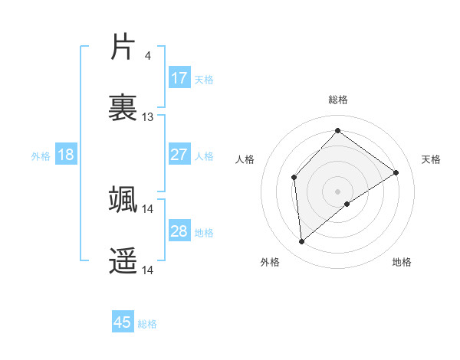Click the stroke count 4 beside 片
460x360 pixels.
(147, 55)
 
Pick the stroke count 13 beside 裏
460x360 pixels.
(148, 117)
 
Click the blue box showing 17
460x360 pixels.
(179, 78)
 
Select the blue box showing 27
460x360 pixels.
(179, 155)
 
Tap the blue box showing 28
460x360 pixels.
(179, 231)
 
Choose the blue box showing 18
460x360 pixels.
(66, 155)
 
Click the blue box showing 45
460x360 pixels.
(123, 322)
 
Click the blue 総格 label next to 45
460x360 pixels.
(147, 324)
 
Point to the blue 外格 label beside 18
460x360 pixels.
(41, 156)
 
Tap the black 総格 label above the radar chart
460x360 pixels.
(338, 100)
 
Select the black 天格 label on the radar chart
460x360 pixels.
(431, 159)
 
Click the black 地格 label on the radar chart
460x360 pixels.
(402, 263)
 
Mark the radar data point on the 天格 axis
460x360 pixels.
(396, 172)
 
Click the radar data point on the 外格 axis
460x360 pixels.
(302, 242)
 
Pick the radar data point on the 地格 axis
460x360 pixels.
(347, 204)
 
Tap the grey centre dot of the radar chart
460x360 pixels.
(338, 191)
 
